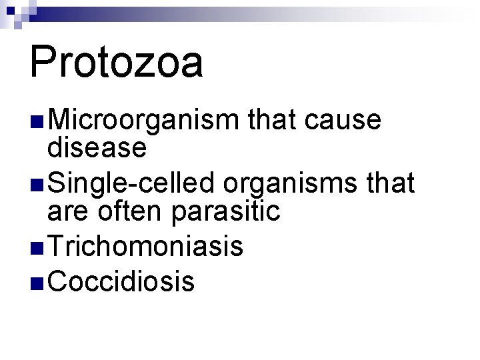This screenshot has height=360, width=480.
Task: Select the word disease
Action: (x=97, y=147)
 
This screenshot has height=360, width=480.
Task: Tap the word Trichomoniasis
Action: (x=145, y=247)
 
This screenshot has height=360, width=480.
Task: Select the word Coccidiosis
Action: (x=122, y=281)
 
